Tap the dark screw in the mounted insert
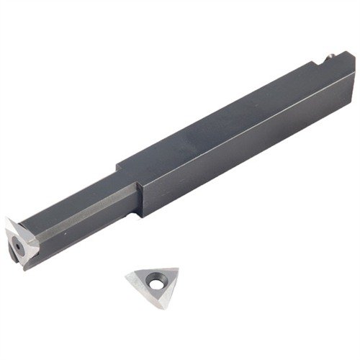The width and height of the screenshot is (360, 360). pos(15,245)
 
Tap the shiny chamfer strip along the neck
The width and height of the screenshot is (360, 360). pos(79,208)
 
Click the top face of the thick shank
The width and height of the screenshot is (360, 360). pos(230,115)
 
